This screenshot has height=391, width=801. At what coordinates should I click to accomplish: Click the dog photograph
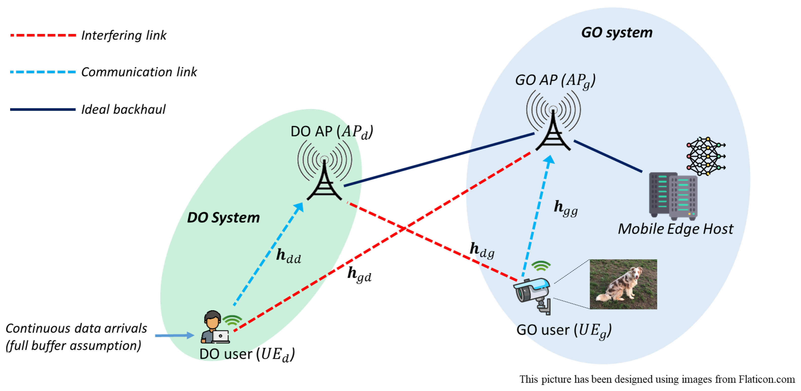point(623,284)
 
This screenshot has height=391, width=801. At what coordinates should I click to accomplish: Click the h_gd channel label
point(359,274)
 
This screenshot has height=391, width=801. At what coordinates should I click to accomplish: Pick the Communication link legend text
point(139,72)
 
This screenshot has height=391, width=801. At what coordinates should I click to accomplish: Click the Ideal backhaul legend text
point(123,109)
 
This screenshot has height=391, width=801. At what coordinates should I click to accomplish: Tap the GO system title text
point(617,33)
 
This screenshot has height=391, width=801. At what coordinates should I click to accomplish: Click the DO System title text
point(223,217)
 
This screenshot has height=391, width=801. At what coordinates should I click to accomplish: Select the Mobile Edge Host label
point(675,229)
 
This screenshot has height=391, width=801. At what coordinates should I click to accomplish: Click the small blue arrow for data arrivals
point(174,335)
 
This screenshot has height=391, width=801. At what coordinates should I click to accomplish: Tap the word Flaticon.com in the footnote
point(766,379)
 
